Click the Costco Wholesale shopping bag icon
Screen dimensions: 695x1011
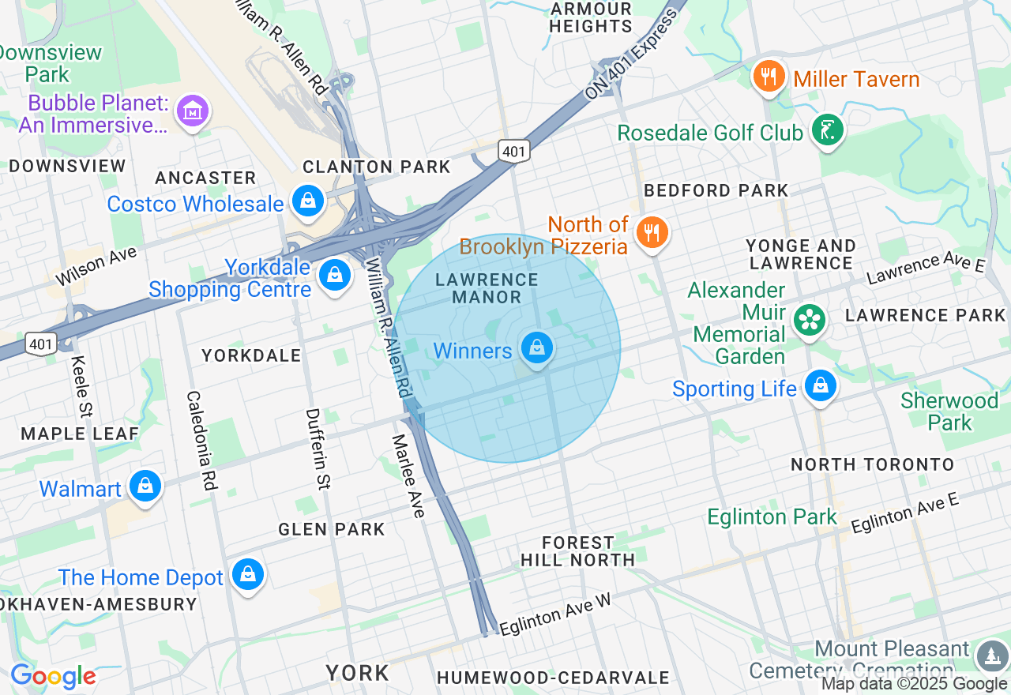tap(308, 201)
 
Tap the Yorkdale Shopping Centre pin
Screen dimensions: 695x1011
tap(335, 276)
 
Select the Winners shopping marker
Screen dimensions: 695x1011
tap(537, 347)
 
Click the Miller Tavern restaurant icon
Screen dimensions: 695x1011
tap(768, 77)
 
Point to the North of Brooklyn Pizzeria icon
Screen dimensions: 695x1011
tap(652, 233)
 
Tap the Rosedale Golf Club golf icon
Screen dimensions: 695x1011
tap(827, 130)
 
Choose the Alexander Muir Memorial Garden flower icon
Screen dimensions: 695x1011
tap(810, 320)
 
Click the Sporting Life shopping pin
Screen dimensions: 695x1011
tap(821, 386)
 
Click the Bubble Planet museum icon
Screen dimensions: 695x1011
tap(193, 111)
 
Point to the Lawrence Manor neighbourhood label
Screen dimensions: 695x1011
tap(487, 288)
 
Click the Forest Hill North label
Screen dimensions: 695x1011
tap(577, 551)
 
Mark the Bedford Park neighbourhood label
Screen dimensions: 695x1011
tap(716, 190)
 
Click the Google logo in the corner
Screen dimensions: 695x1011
tap(53, 677)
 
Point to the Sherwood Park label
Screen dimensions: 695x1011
tap(949, 411)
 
